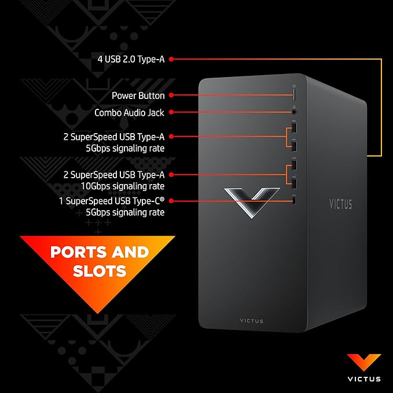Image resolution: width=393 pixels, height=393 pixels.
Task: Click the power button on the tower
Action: pyautogui.click(x=294, y=94)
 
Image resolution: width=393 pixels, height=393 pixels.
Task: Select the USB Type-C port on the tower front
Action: pyautogui.click(x=294, y=201)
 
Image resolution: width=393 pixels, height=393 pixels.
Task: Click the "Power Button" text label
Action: pyautogui.click(x=138, y=96)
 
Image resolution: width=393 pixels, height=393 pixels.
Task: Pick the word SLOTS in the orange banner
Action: pyautogui.click(x=100, y=270)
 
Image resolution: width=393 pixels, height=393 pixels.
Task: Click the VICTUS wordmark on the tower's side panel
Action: pyautogui.click(x=340, y=204)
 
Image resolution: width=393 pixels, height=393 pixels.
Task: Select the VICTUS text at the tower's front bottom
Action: pyautogui.click(x=251, y=321)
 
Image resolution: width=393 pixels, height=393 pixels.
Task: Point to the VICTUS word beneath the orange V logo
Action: pyautogui.click(x=364, y=379)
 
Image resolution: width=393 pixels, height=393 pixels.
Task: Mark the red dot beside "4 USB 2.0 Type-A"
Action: pyautogui.click(x=172, y=58)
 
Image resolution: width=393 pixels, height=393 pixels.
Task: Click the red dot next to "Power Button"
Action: pyautogui.click(x=172, y=96)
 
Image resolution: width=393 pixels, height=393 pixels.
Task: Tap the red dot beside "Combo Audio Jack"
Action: pyautogui.click(x=172, y=113)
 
